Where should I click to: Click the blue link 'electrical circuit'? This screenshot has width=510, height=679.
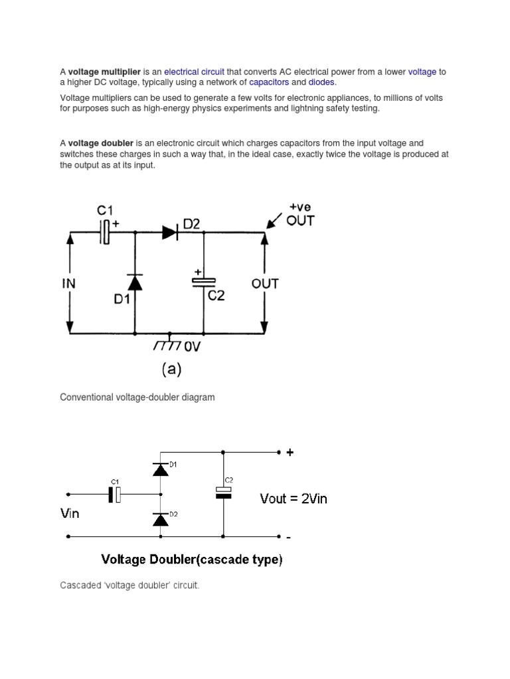(x=194, y=72)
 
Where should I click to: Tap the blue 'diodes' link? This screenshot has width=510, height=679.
(x=321, y=82)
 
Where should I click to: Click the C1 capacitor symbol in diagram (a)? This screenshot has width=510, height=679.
(x=104, y=232)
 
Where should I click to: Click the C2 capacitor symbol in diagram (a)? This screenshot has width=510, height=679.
(x=203, y=282)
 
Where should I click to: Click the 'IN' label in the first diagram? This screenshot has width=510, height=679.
(x=69, y=284)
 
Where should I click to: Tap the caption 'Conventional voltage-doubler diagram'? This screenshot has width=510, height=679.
(x=137, y=397)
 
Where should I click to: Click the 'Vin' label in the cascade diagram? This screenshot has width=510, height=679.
(x=70, y=513)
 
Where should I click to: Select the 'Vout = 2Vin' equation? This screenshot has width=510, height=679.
(x=294, y=499)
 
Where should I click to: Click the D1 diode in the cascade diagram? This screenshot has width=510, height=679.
(x=159, y=469)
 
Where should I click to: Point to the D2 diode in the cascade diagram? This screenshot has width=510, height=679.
(x=159, y=519)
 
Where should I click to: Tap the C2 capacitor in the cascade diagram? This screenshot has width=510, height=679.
(x=223, y=492)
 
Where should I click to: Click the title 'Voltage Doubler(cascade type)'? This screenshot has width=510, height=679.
(x=191, y=560)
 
